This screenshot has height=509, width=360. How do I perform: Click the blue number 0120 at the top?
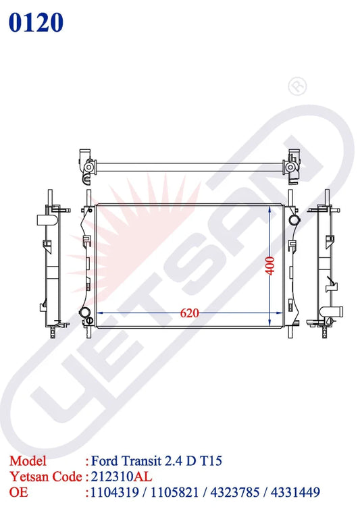click(36, 22)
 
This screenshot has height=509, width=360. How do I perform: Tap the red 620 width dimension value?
click(189, 313)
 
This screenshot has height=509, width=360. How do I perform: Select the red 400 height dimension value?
click(270, 266)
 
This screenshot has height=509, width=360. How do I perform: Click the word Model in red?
click(28, 460)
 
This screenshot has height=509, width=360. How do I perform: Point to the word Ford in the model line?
click(104, 460)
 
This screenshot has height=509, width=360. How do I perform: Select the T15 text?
click(211, 460)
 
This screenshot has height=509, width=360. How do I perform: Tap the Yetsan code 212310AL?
click(122, 477)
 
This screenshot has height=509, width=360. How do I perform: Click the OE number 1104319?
click(114, 492)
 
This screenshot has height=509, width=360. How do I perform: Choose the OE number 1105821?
click(174, 492)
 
